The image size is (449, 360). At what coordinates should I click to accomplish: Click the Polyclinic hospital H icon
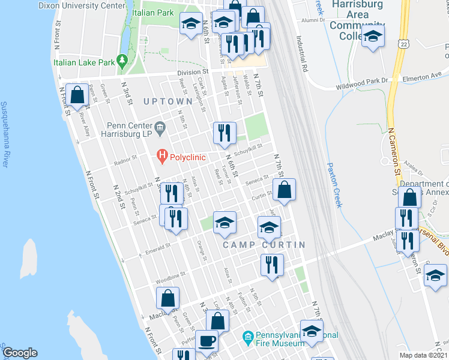161,157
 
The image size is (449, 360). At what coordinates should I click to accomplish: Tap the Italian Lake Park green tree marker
122,61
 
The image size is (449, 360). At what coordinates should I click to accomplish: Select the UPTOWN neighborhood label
168,102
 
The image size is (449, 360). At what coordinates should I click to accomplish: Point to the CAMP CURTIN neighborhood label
264,245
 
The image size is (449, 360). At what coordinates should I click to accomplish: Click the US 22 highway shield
404,43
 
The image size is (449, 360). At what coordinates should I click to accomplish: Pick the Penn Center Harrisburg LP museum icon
160,127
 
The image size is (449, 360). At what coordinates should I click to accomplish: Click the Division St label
191,73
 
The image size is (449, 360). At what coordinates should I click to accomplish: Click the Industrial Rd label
301,52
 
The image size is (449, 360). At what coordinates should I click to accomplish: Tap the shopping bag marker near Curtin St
285,189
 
